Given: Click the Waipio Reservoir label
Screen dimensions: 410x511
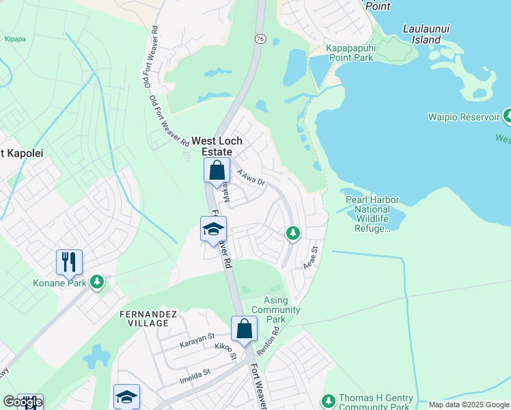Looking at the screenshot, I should tap(464, 117).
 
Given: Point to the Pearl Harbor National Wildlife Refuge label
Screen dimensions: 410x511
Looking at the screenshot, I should tap(372, 213).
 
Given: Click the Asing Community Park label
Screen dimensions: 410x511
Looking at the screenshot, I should tap(282, 310).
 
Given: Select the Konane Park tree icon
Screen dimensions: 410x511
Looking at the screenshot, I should tap(98, 282).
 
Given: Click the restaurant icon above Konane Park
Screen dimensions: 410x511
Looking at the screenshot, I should tap(69, 261).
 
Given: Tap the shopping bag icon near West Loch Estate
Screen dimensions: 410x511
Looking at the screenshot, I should tap(217, 170).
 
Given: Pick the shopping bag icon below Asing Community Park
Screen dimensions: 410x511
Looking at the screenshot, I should tap(244, 329).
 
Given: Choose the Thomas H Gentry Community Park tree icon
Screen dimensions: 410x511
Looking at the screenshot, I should tap(329, 399).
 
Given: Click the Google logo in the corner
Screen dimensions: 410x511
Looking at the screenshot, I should tap(22, 402).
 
